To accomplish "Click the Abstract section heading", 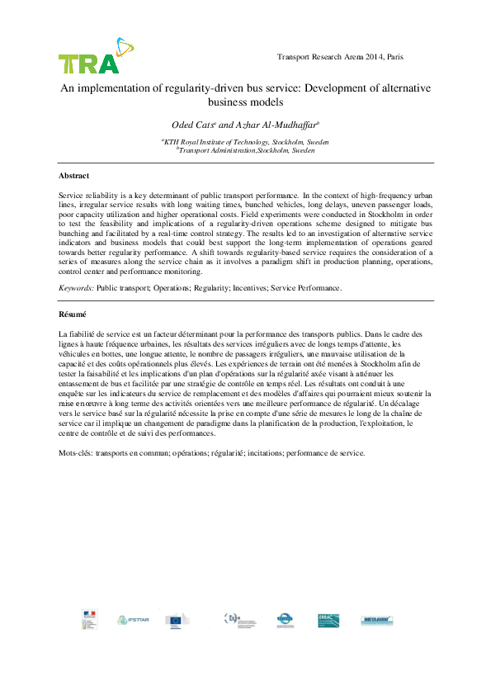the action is click(73, 176).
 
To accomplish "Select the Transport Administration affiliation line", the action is click(246, 151).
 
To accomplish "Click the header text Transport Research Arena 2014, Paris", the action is click(339, 57).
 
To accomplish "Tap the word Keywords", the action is click(75, 288).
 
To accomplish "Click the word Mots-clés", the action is click(75, 453).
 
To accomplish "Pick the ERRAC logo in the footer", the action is click(328, 620).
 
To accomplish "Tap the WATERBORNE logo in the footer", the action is click(375, 620).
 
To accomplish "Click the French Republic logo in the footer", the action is click(88, 619).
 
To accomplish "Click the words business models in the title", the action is click(246, 102).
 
